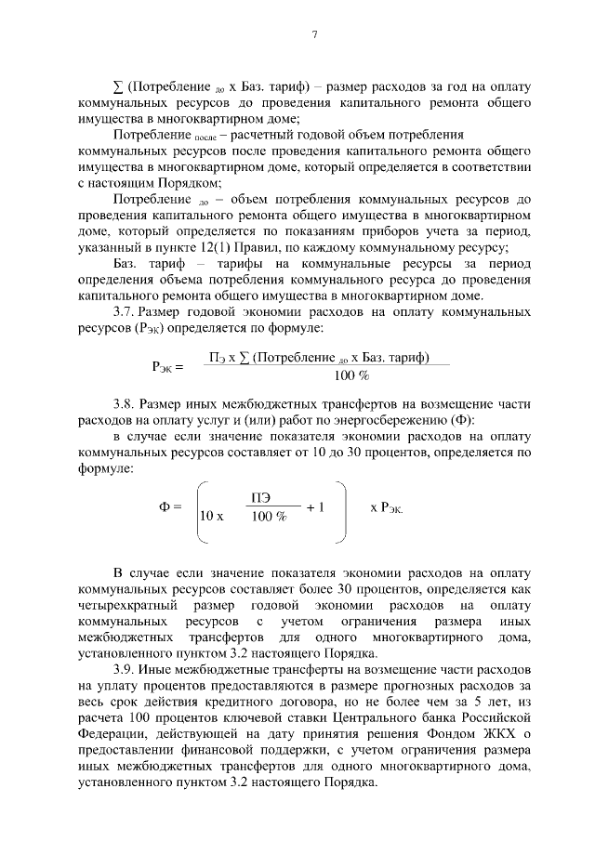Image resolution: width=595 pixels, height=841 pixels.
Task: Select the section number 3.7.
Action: [x=125, y=313]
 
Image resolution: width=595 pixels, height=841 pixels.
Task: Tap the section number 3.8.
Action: [x=125, y=402]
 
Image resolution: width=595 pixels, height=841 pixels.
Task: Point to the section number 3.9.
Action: [x=125, y=670]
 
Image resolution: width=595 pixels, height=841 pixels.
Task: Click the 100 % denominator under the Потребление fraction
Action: [x=351, y=375]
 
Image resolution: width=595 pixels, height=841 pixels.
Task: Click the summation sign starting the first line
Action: [x=117, y=85]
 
